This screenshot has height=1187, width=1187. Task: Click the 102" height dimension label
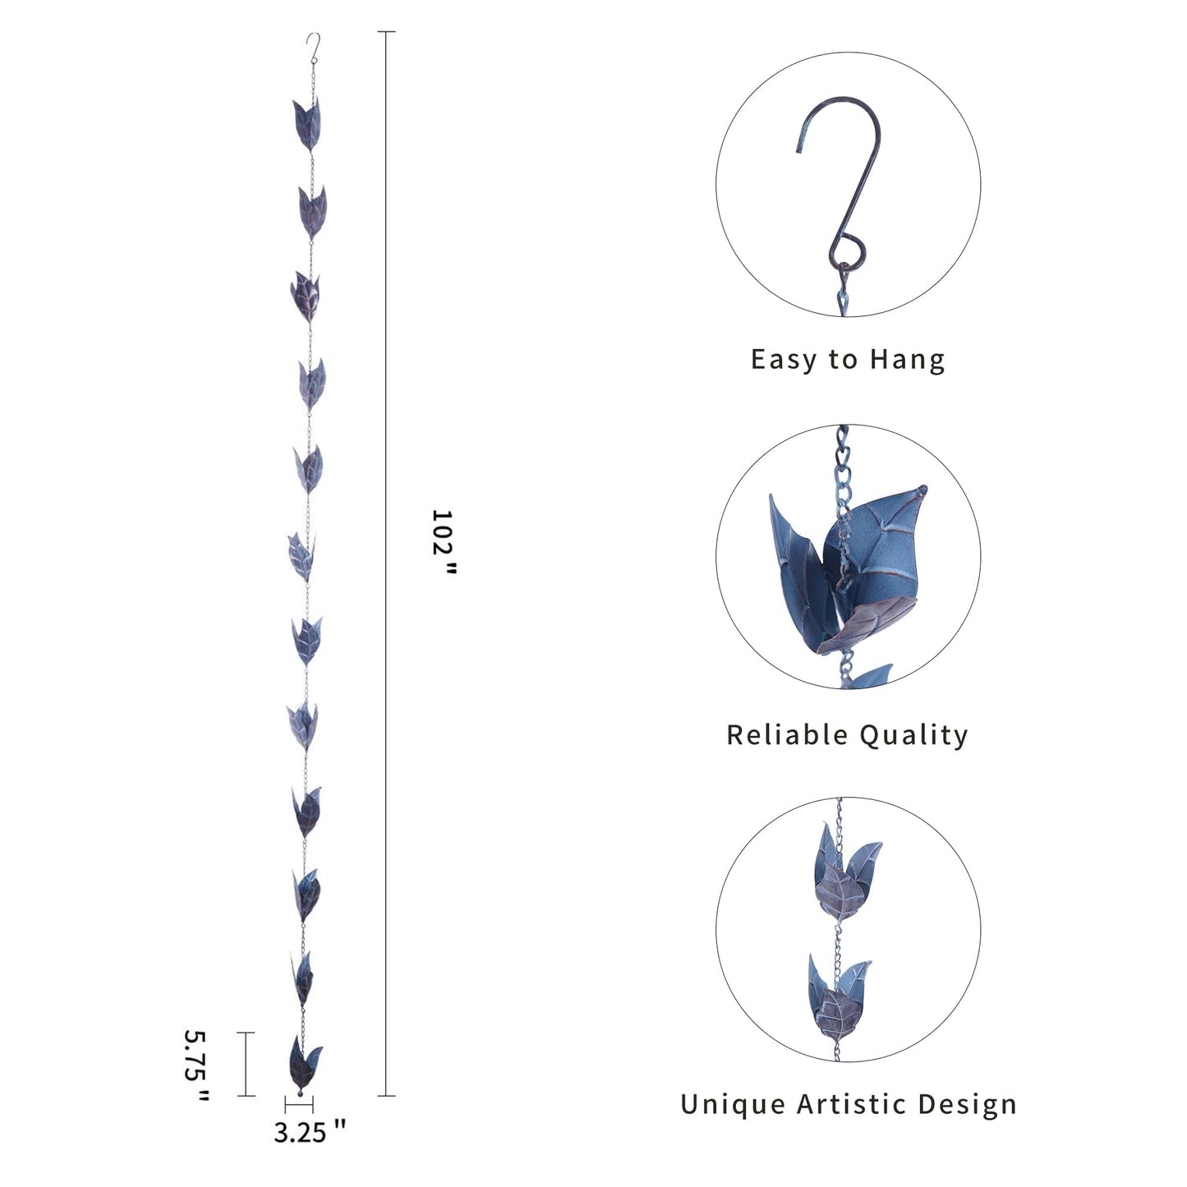coord(443,542)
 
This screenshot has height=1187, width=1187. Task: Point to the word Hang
coord(907,360)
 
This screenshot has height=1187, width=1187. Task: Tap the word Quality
coord(913,736)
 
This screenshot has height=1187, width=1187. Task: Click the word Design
coord(967,1105)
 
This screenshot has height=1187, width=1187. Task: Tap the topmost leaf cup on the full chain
coord(306,124)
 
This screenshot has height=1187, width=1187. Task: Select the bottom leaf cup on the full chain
coord(304,1064)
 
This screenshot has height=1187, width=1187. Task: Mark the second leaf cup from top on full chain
coord(312,213)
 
